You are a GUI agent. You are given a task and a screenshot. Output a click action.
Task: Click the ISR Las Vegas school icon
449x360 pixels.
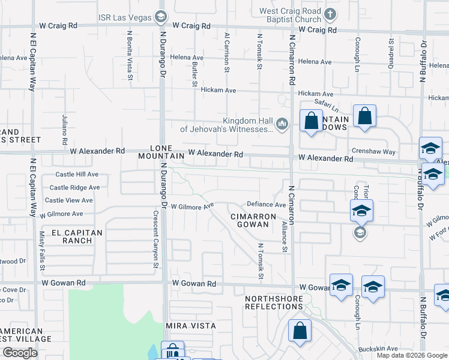[160, 16]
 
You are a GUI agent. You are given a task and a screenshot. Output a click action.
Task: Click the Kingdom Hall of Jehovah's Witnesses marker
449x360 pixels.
[283, 124]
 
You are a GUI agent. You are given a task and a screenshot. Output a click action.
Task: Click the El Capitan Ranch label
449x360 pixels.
[77, 236]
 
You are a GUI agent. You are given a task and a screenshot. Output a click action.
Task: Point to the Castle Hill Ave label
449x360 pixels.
[76, 174]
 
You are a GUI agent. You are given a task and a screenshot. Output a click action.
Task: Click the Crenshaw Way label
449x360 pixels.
[374, 152]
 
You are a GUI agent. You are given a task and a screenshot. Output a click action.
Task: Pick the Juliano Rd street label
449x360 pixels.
[64, 131]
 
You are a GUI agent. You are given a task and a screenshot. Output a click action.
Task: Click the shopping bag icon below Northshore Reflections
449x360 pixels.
[300, 330]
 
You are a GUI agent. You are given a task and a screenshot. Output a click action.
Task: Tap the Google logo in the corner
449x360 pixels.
[20, 353]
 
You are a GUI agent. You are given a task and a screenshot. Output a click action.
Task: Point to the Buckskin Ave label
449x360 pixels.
[378, 349]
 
